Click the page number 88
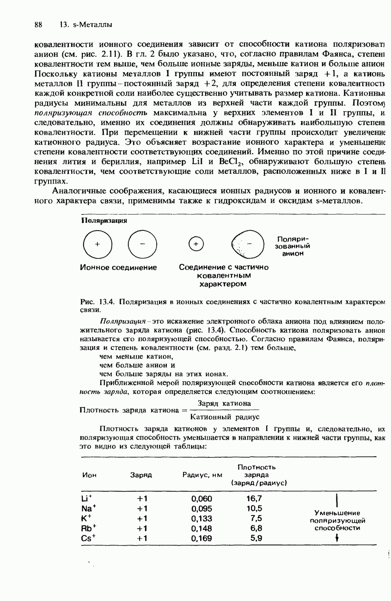38,24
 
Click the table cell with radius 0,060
202,498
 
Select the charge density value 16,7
254,498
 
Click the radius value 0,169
202,538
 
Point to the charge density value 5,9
256,538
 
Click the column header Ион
89,475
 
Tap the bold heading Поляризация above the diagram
104,221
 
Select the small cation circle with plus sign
196,244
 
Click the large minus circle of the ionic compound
142,244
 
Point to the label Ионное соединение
118,267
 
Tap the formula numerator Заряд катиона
224,404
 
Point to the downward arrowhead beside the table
338,538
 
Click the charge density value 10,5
254,509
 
